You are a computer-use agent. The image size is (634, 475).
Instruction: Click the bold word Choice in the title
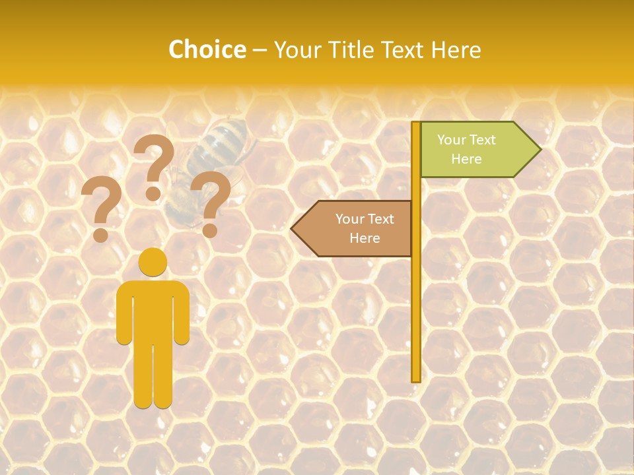pyautogui.click(x=207, y=50)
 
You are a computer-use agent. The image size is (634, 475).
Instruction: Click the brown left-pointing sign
pyautogui.click(x=357, y=228)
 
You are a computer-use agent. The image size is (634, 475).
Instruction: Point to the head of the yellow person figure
pyautogui.click(x=153, y=262)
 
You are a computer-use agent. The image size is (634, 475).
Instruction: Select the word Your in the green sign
pyautogui.click(x=452, y=140)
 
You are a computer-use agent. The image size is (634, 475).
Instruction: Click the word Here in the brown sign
pyautogui.click(x=365, y=238)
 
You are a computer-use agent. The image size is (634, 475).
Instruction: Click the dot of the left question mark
pyautogui.click(x=101, y=235)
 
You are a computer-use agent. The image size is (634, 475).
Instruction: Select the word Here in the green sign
pyautogui.click(x=466, y=159)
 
